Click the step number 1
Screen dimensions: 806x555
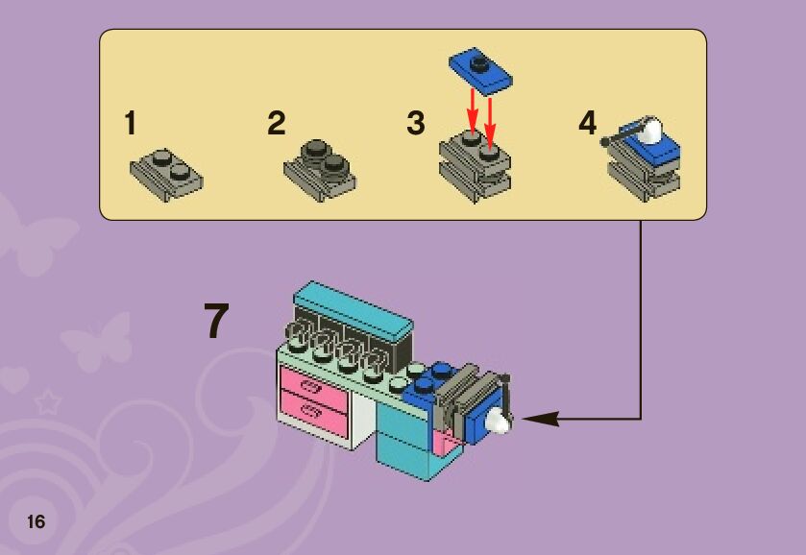(130, 124)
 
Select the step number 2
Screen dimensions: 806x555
(277, 124)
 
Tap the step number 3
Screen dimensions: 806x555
(415, 124)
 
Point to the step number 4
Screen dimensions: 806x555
(587, 124)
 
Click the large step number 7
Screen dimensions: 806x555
(217, 323)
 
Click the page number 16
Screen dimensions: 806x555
(36, 522)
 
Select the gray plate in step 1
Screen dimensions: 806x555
(165, 172)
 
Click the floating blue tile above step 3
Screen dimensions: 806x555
(479, 70)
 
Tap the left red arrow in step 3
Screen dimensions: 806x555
(472, 109)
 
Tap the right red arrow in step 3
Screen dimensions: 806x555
(490, 113)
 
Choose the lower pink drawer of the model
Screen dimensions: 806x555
(312, 415)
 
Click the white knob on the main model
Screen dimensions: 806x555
(500, 420)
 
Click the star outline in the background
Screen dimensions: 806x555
(44, 401)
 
